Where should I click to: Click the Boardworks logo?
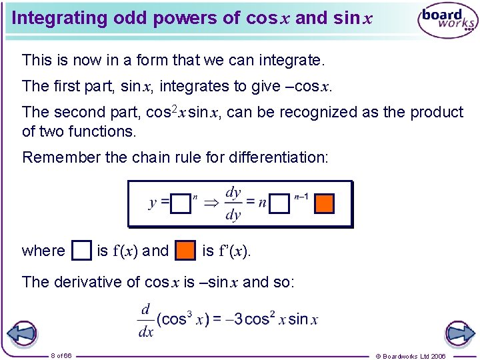[x=448, y=21]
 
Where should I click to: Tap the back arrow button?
[x=21, y=333]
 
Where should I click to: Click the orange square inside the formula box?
[x=323, y=203]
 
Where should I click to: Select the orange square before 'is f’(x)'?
[x=185, y=251]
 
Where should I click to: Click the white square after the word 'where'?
[x=81, y=251]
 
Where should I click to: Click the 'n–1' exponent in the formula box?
[x=301, y=197]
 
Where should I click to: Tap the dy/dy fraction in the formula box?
[x=233, y=203]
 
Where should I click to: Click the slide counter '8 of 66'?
[x=61, y=355]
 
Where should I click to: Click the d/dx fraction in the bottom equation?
[x=146, y=320]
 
